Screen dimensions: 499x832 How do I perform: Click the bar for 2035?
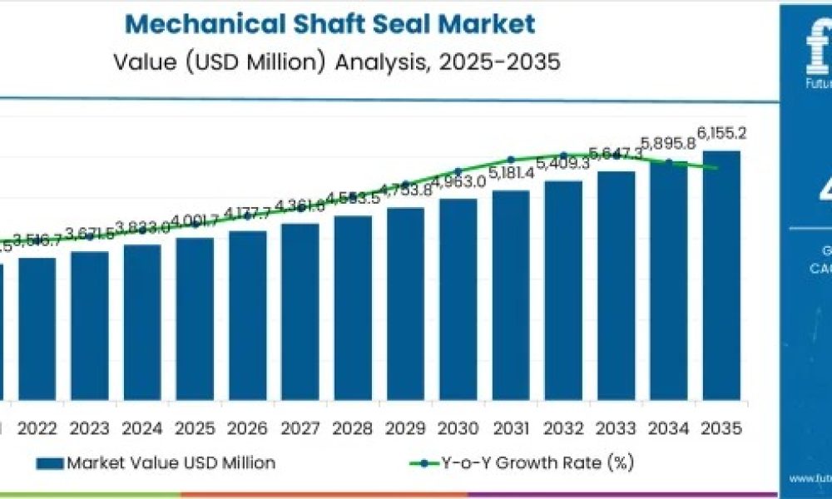click(721, 274)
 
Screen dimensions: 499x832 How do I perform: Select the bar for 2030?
click(458, 299)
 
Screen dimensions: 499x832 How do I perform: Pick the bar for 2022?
click(37, 328)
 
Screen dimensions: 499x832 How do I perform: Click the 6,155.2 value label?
click(721, 133)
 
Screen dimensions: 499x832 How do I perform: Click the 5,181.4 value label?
click(512, 173)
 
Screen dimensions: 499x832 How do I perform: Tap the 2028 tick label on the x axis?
click(353, 428)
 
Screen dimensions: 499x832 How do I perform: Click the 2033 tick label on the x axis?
click(616, 428)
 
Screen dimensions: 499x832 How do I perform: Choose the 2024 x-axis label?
click(142, 428)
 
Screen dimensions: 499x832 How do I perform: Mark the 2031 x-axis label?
click(511, 428)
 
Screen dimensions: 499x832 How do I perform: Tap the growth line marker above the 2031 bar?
click(511, 160)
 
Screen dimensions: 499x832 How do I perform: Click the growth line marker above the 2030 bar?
click(458, 171)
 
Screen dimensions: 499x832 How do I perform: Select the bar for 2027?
click(300, 310)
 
